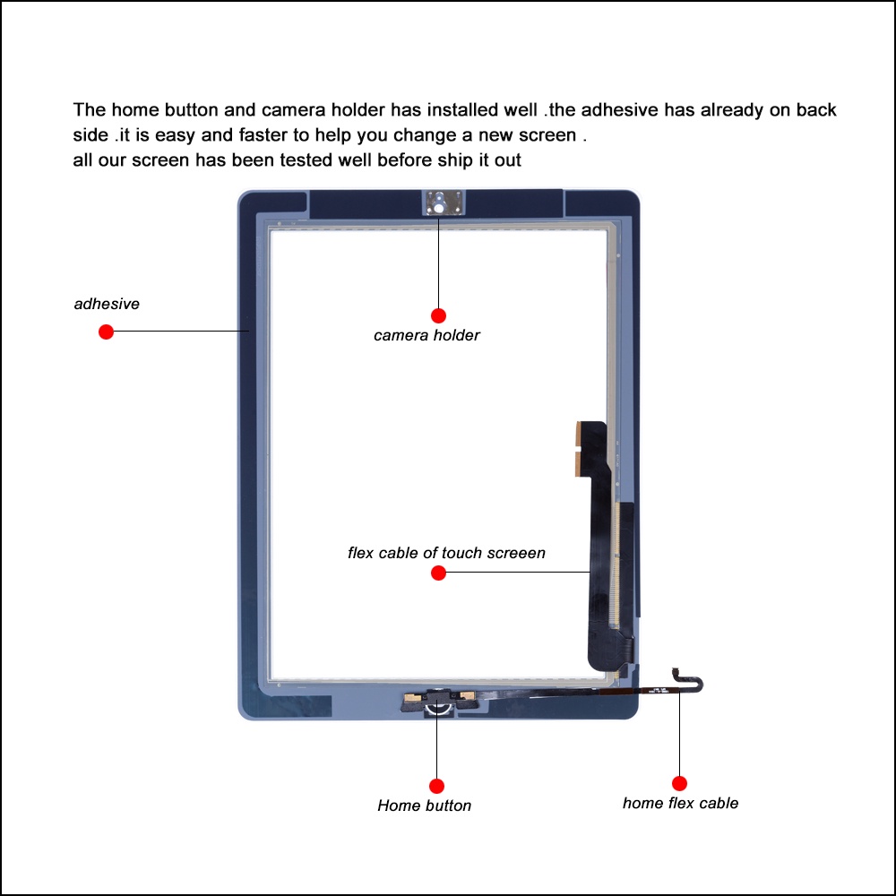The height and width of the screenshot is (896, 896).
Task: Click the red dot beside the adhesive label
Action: click(x=106, y=332)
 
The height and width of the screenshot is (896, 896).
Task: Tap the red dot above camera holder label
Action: click(x=438, y=315)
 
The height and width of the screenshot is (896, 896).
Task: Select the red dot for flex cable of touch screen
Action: click(x=438, y=573)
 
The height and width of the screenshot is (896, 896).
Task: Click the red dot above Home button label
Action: click(x=436, y=786)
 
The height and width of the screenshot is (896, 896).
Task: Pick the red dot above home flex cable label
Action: click(x=679, y=783)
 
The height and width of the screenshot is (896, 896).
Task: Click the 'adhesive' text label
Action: click(x=107, y=304)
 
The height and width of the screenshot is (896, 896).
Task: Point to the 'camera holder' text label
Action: click(x=426, y=336)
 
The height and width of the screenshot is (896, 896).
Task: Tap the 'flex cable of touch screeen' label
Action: click(x=446, y=553)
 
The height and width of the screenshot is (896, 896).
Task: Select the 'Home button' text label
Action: click(x=424, y=806)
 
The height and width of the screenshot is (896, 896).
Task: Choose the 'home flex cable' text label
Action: click(x=680, y=803)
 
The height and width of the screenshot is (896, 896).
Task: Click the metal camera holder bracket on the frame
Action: click(x=439, y=202)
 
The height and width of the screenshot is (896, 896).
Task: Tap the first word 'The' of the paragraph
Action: click(x=90, y=110)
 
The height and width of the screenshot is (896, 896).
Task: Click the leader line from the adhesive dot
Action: click(x=179, y=332)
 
